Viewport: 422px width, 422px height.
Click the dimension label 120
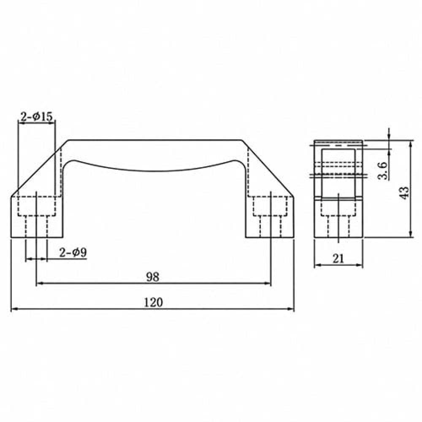pos(154,302)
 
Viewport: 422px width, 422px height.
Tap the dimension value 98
pos(153,277)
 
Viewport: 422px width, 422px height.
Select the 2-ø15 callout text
pos(36,116)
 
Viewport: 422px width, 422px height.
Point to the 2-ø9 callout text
pos(73,252)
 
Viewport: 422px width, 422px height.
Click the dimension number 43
pos(404,193)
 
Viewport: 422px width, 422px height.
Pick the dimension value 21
pos(338,259)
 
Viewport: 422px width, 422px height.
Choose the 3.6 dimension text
pos(382,170)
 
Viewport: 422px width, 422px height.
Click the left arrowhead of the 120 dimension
pos(14,309)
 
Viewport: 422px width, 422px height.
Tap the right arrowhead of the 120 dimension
pos(291,309)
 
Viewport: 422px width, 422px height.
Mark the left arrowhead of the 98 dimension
pos(40,283)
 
